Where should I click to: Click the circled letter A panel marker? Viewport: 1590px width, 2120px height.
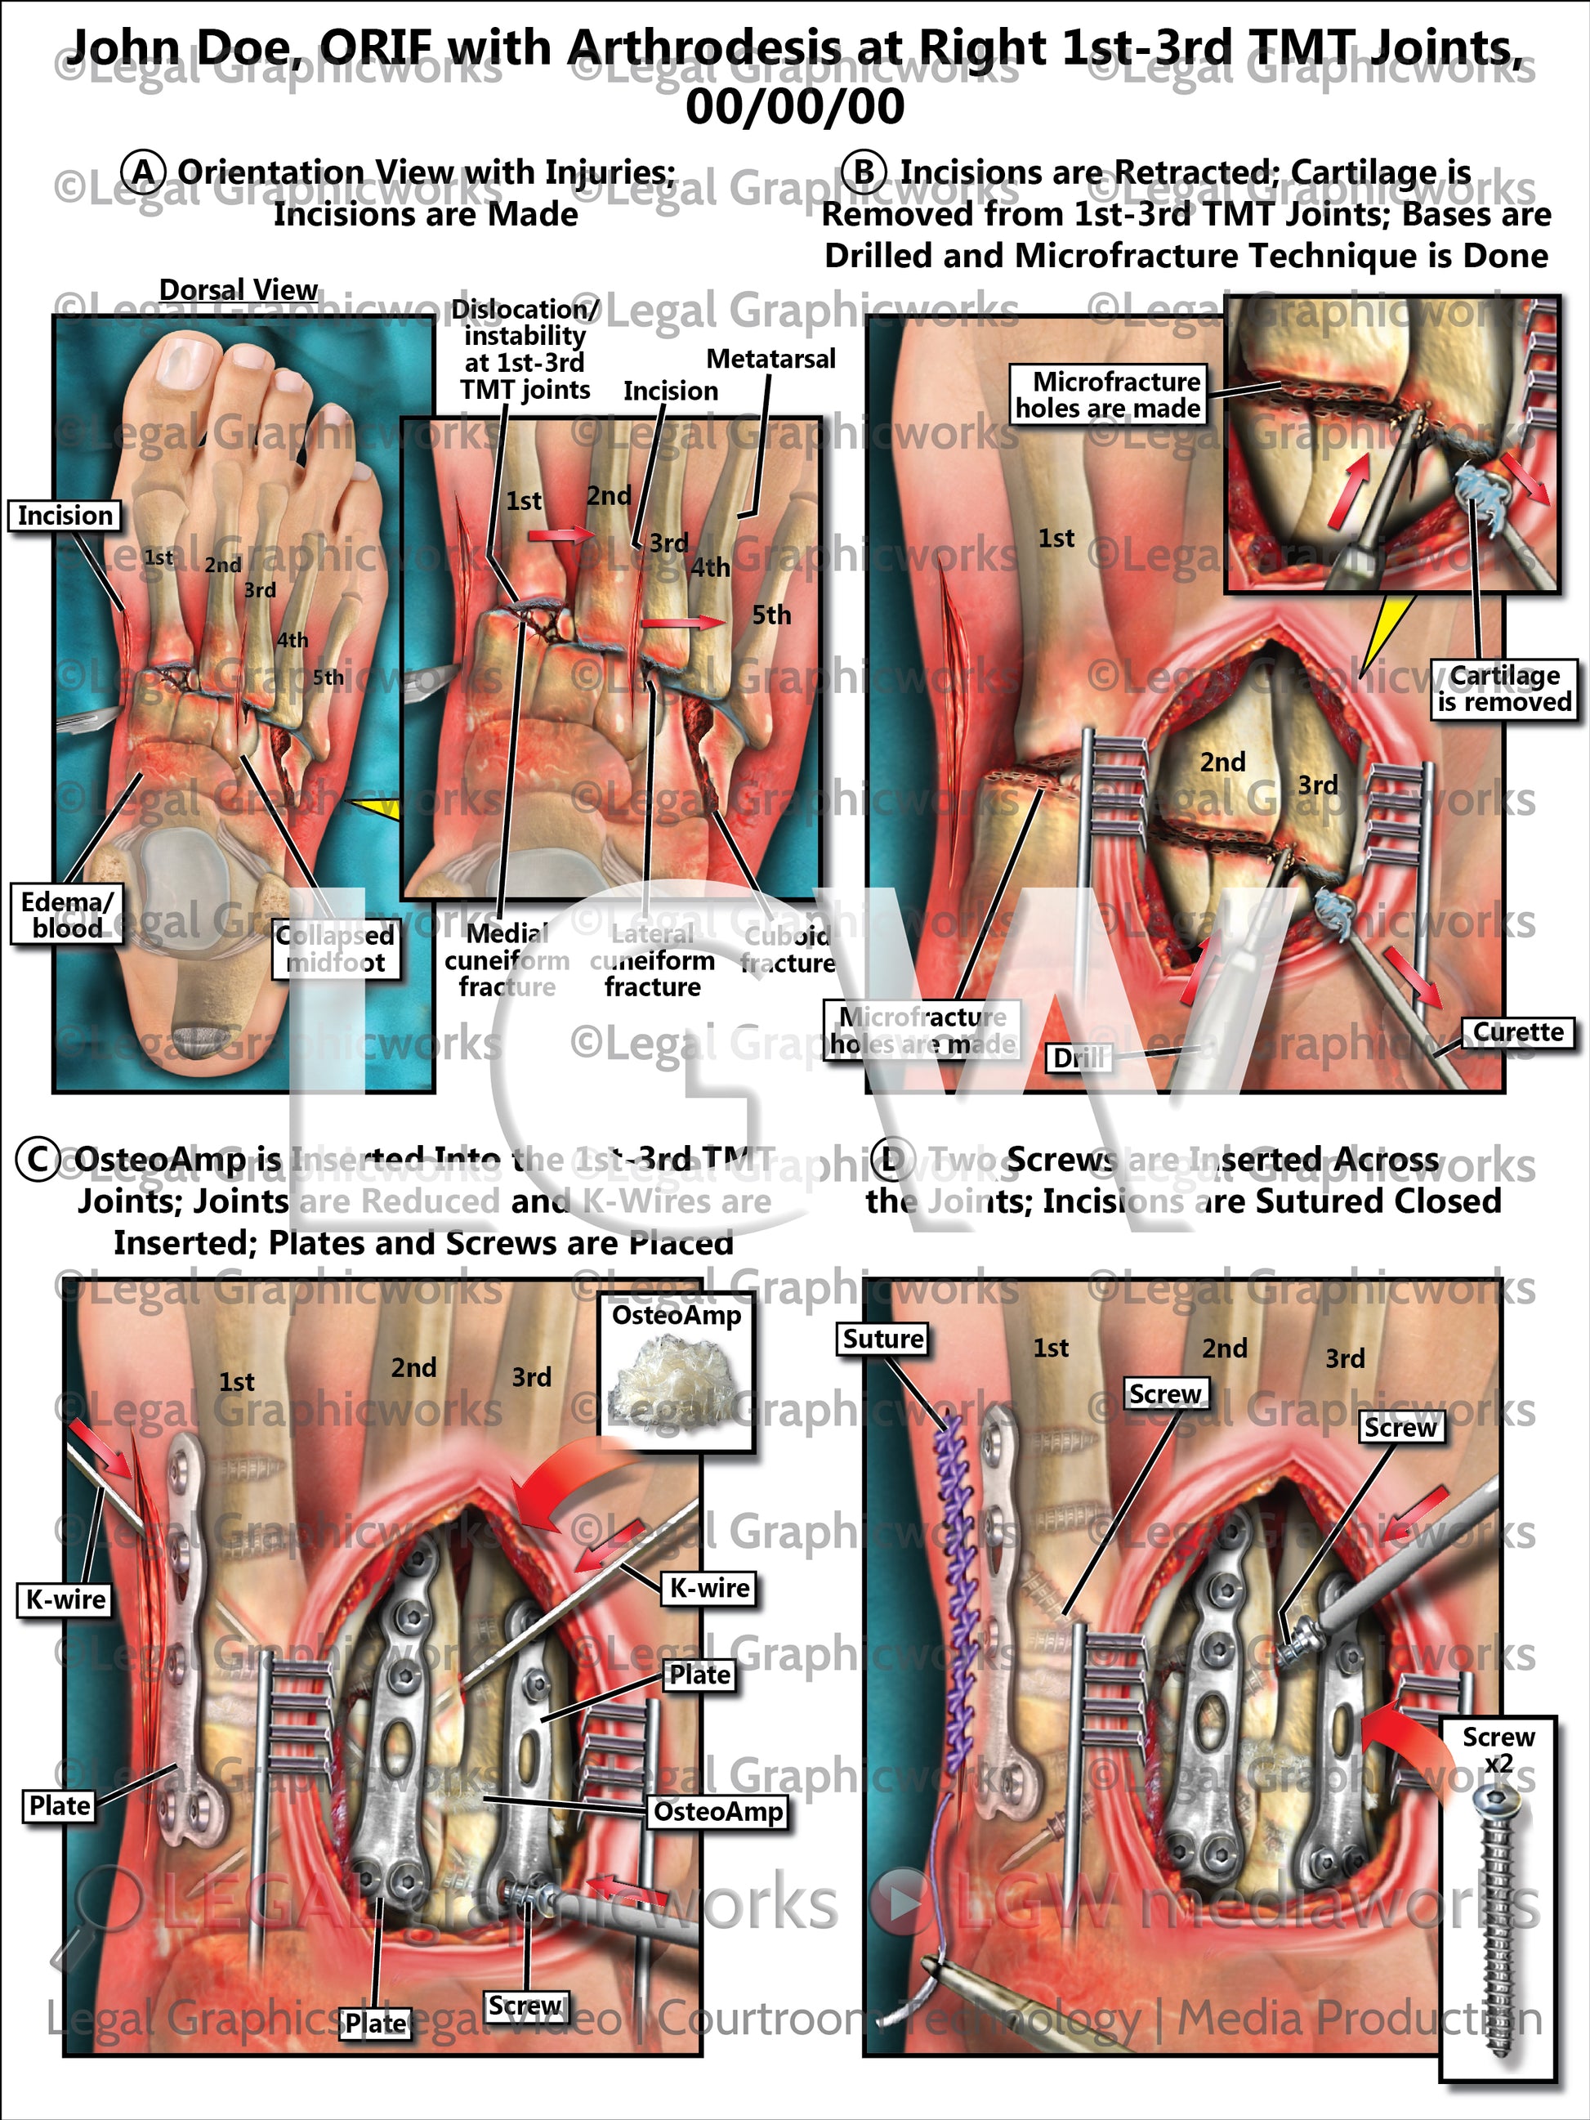(x=143, y=172)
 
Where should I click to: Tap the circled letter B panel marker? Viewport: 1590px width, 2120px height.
(x=864, y=172)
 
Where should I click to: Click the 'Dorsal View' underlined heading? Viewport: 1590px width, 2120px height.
(x=238, y=289)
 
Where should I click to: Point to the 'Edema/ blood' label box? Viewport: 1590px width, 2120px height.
(x=67, y=915)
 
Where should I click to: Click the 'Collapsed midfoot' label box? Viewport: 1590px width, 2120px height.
(x=336, y=949)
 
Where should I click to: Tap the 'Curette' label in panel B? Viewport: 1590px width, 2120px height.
(x=1518, y=1032)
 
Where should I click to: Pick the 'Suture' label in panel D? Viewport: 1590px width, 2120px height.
(x=882, y=1339)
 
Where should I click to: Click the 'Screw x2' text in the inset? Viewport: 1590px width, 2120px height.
(x=1498, y=1750)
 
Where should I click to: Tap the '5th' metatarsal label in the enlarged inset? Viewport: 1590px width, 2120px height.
(x=771, y=615)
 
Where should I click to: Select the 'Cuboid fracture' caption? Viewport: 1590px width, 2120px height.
(x=787, y=949)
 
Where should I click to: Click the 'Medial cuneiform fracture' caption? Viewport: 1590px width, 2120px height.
(x=507, y=960)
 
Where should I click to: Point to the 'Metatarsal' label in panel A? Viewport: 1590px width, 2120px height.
(x=770, y=359)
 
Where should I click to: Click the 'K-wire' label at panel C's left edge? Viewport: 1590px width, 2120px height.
(x=66, y=1599)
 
